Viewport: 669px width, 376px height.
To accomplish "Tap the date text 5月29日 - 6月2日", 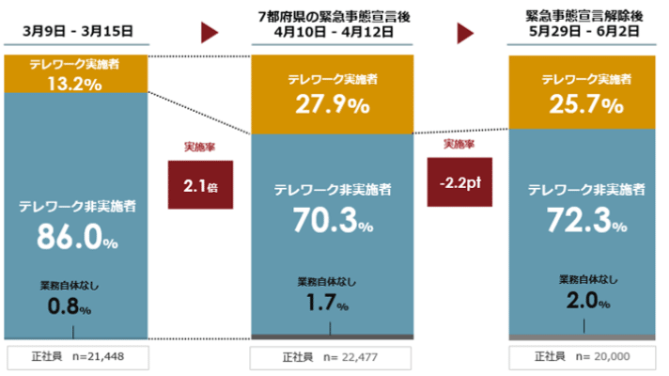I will pos(585,33).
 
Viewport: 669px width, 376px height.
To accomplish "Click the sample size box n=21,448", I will pos(77,357).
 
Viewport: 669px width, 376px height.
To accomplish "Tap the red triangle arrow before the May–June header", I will pos(464,34).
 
